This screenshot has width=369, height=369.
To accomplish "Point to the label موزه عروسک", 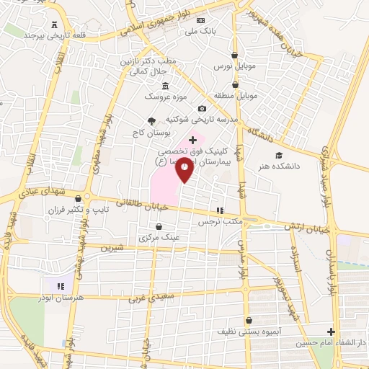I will click(x=157, y=95).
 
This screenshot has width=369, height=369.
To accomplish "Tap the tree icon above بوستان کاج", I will click(x=151, y=121).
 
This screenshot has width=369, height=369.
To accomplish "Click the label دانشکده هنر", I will click(x=280, y=166).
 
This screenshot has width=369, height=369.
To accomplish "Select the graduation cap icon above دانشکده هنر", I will click(x=279, y=154).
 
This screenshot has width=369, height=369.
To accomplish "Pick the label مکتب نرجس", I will click(x=221, y=222).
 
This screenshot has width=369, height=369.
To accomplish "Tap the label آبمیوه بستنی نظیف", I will click(x=249, y=332).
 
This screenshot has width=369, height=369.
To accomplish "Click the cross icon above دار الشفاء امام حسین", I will click(x=331, y=332).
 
